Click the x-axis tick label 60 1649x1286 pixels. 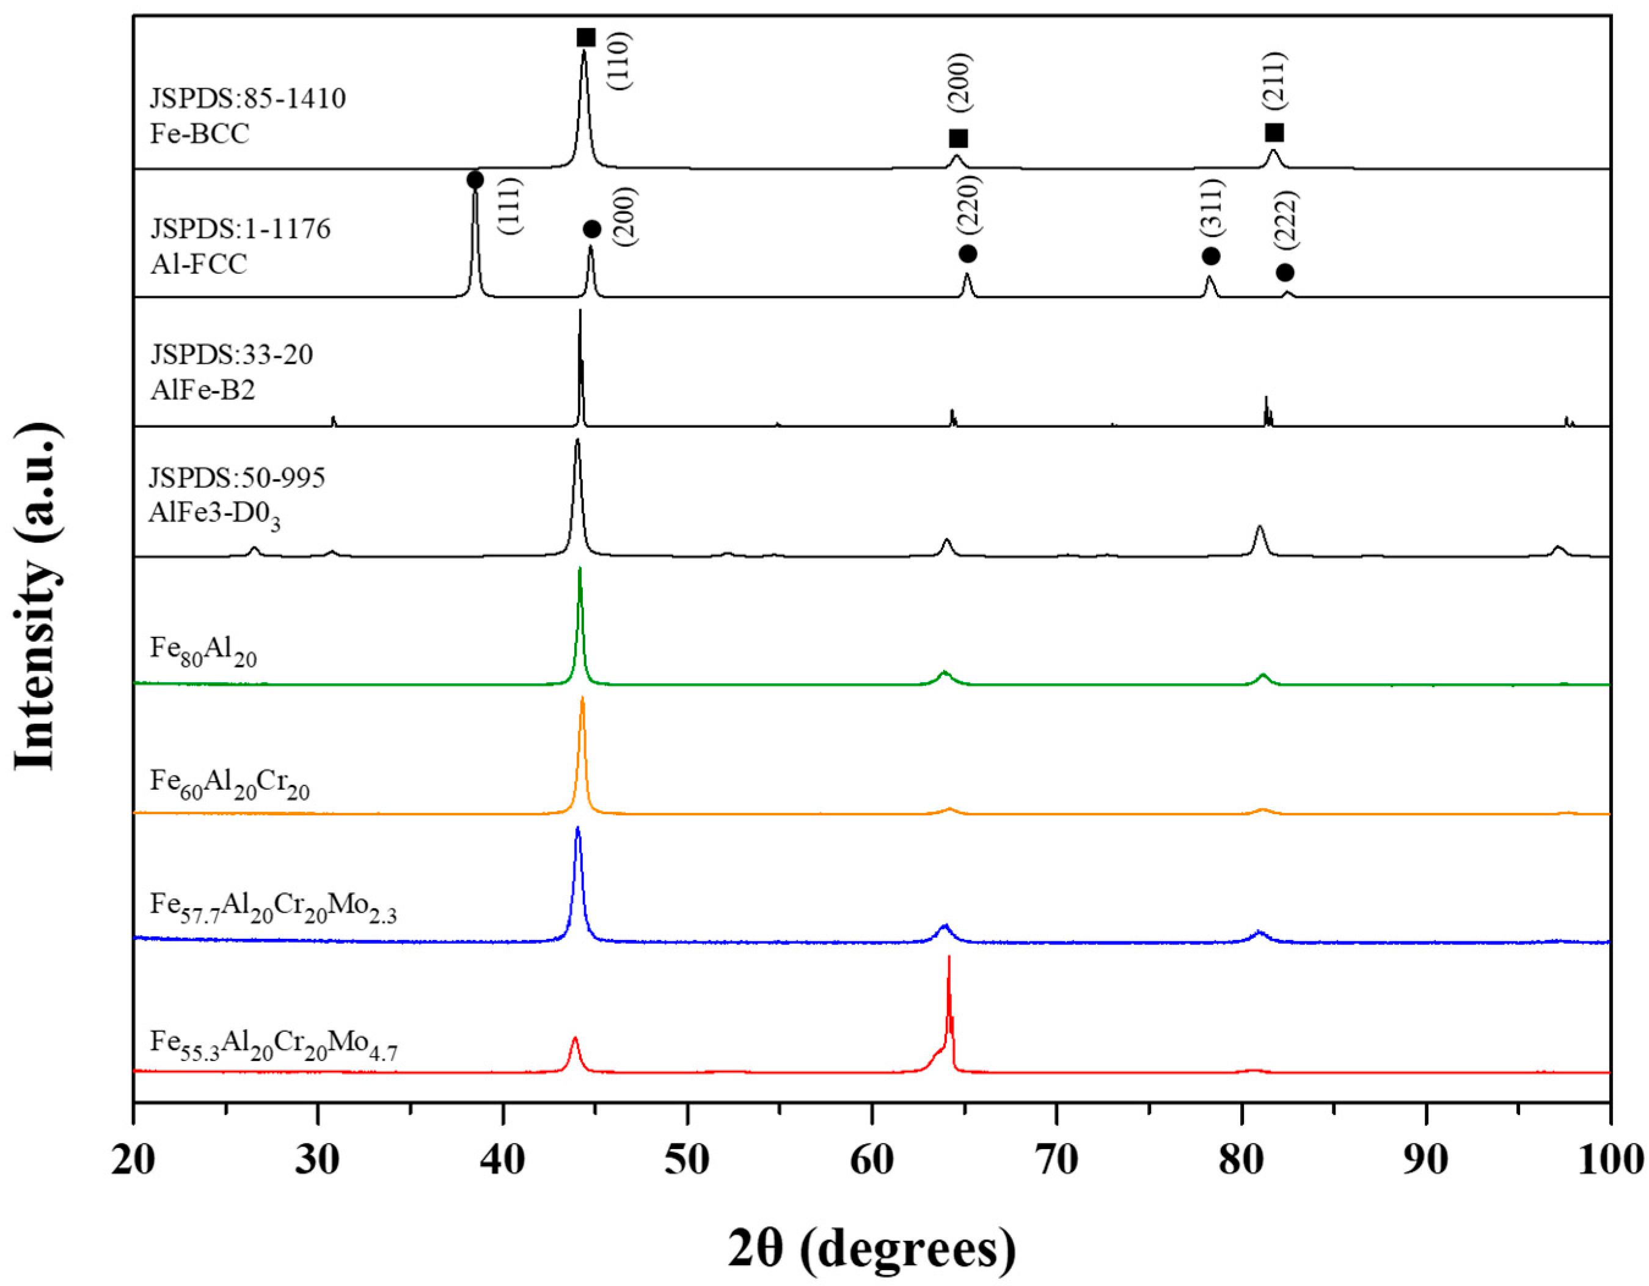[871, 1161]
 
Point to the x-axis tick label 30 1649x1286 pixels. [317, 1161]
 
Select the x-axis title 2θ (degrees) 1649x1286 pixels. [871, 1250]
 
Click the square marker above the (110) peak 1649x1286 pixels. [586, 38]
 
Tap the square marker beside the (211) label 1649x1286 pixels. [1274, 133]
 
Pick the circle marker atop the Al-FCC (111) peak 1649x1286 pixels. [475, 180]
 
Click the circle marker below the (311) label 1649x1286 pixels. [1210, 256]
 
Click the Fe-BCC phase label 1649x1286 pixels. [200, 134]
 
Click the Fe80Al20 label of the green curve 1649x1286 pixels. [203, 650]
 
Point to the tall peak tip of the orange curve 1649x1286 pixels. [582, 698]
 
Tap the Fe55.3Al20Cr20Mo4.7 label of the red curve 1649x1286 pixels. [273, 1043]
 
